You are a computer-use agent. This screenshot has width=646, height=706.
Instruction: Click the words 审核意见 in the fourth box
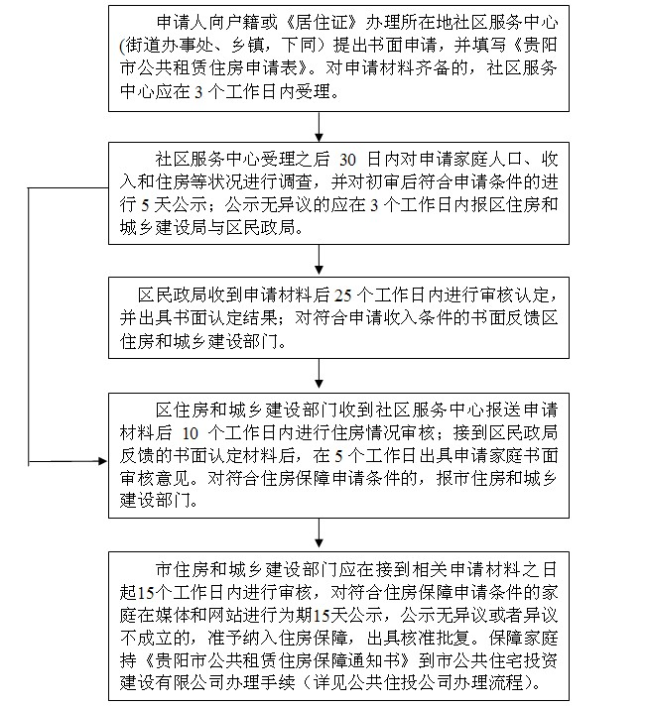(164, 479)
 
